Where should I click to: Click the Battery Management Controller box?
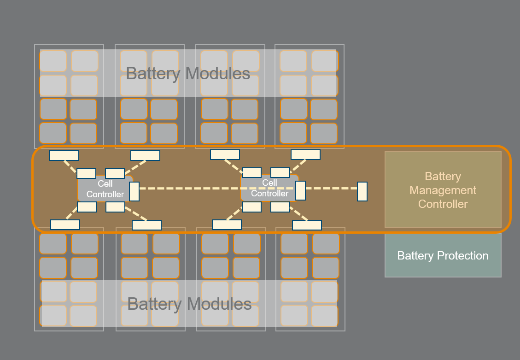(443, 190)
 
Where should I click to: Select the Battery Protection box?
(443, 255)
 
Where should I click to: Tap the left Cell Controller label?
(105, 189)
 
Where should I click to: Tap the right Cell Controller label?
(269, 188)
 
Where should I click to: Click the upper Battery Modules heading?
(188, 73)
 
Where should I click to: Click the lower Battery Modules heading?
(189, 304)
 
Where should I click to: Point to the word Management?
(443, 190)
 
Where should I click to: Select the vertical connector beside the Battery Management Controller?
(362, 191)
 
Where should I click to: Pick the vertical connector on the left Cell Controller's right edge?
(134, 191)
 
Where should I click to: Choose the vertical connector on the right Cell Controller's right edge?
(300, 190)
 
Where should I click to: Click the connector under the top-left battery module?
(64, 155)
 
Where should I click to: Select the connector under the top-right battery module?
(305, 154)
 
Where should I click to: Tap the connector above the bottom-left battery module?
(65, 224)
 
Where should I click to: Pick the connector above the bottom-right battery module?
(307, 225)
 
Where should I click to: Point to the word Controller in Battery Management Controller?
(443, 204)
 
